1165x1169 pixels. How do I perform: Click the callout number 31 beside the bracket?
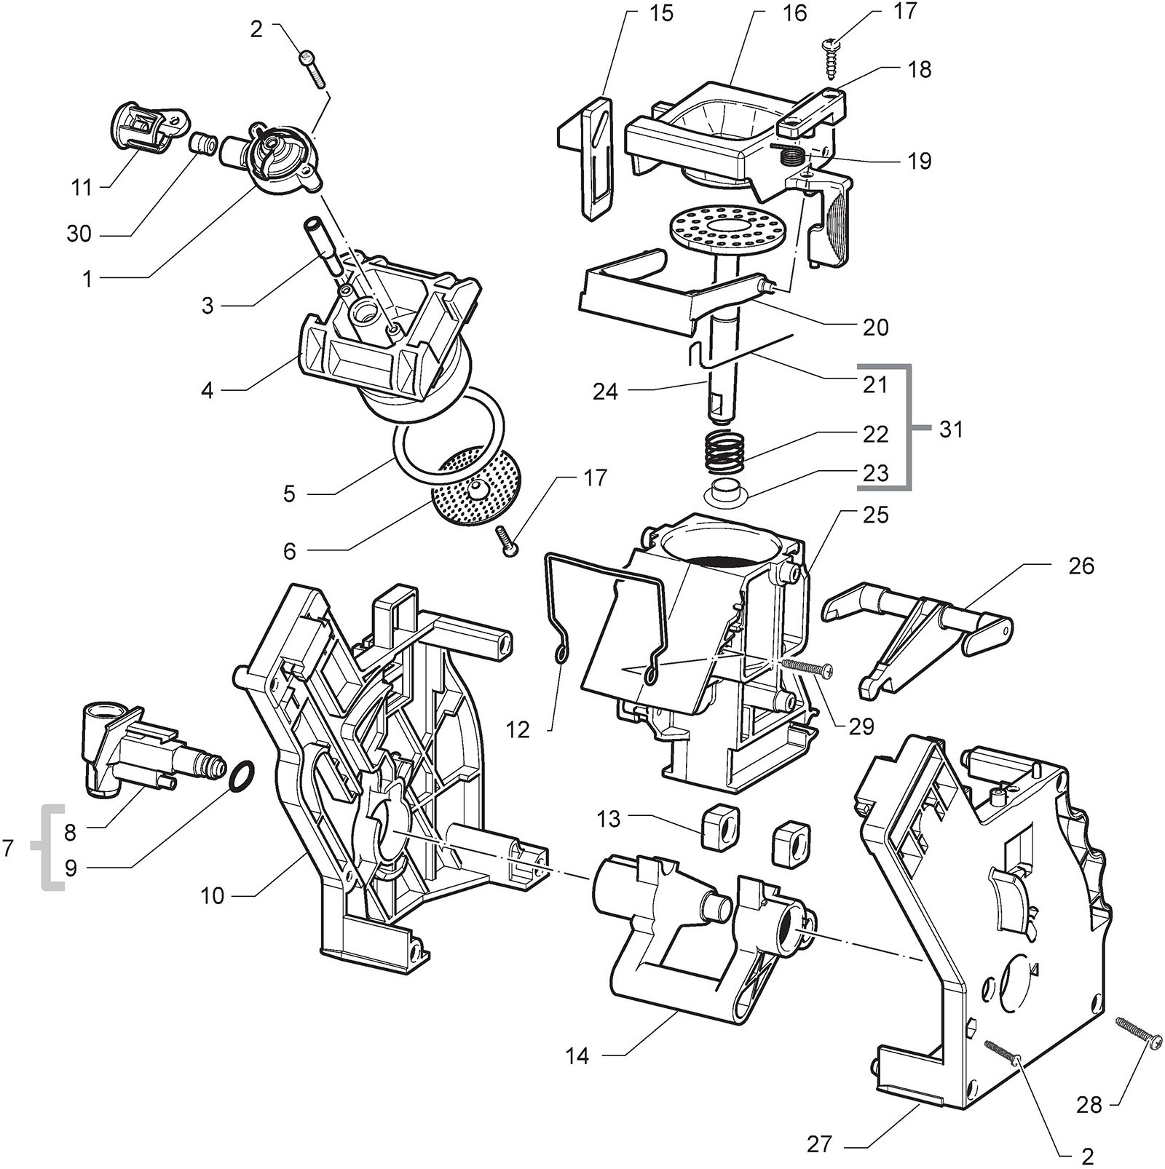click(x=951, y=429)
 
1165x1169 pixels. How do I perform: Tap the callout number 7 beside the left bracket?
click(x=9, y=848)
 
